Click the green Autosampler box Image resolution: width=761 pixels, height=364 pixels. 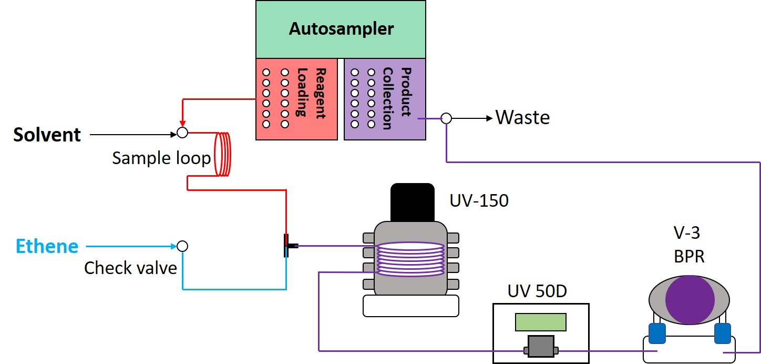[341, 29]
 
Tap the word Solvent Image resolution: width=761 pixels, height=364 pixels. [47, 135]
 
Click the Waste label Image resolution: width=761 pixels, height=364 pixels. [522, 117]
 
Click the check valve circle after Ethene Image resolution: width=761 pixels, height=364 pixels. [182, 246]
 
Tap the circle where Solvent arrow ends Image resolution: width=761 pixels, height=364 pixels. [182, 133]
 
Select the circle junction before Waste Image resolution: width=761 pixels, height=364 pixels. [446, 118]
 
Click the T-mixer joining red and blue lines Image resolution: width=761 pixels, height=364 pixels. [287, 246]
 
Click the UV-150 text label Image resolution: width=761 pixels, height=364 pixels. [479, 200]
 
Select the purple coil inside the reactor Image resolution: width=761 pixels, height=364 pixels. [410, 258]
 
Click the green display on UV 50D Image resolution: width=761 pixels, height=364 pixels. [541, 322]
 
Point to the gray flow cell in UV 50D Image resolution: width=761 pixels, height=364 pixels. [541, 347]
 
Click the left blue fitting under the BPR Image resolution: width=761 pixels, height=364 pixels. [656, 333]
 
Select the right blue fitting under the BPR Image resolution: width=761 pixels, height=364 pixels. [722, 333]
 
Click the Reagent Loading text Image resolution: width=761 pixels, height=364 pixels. [311, 92]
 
